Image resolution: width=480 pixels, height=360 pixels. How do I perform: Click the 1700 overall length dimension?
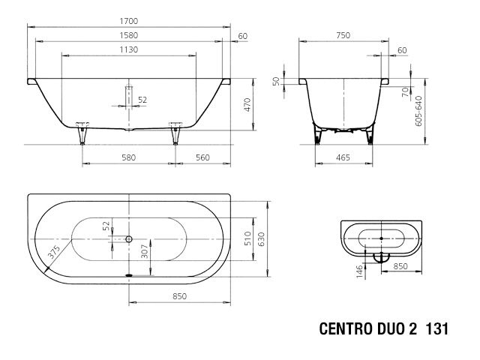(129, 23)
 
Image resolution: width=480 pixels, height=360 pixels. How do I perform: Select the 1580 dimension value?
(129, 36)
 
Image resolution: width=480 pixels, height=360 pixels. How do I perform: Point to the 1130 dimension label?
(129, 49)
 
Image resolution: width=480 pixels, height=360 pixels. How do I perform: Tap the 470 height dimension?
(247, 105)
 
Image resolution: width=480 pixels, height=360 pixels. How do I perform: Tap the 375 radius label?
(52, 253)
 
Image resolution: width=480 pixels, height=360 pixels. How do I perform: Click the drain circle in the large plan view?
(129, 240)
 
